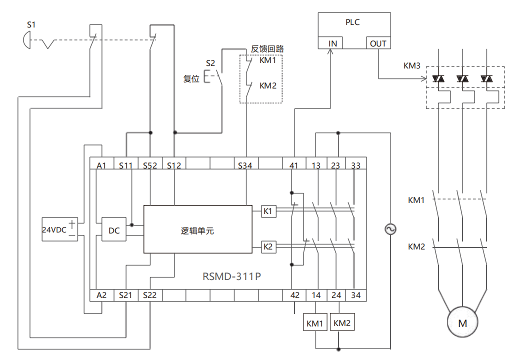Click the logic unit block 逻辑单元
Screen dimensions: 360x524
tap(197, 230)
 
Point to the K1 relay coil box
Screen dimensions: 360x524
tap(268, 211)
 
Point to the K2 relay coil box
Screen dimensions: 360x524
tap(268, 246)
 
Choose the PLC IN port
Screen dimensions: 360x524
tap(332, 43)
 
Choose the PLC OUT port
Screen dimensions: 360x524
tap(378, 43)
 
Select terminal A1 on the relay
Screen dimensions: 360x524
tap(101, 165)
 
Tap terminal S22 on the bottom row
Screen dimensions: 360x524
tap(149, 295)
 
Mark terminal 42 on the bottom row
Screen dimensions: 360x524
tap(295, 295)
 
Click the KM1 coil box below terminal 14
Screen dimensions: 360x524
tap(315, 323)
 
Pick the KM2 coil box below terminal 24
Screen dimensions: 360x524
tap(342, 323)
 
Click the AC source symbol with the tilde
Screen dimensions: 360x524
tap(389, 229)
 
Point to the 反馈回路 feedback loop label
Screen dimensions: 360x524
tap(267, 49)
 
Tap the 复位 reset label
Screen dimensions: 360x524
tap(191, 79)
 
